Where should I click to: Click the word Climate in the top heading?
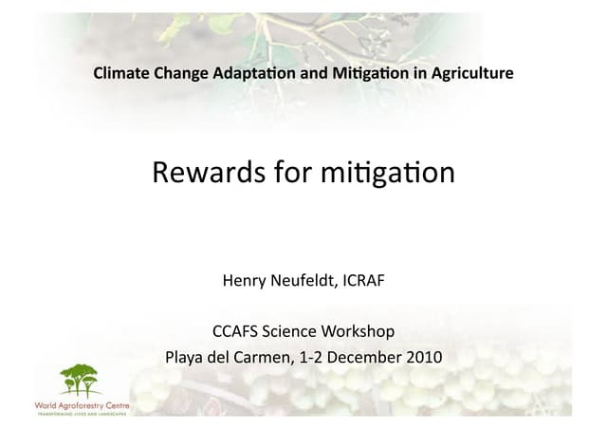click(x=119, y=73)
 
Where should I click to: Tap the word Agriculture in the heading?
click(x=470, y=73)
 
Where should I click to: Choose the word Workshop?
click(x=359, y=332)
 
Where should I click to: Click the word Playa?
click(x=185, y=358)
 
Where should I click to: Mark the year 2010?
click(x=423, y=358)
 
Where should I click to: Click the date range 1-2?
click(x=311, y=358)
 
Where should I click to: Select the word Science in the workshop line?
click(x=292, y=332)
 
